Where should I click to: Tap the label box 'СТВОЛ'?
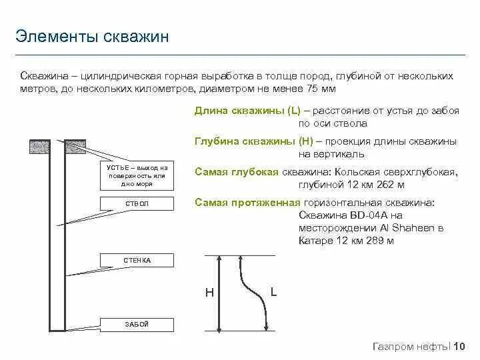(137, 203)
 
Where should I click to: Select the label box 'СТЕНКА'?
(137, 259)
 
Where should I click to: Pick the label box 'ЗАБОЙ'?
(137, 325)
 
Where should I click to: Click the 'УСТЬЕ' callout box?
(137, 175)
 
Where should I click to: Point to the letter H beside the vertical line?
(209, 293)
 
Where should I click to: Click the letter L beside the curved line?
(274, 291)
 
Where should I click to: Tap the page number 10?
(459, 346)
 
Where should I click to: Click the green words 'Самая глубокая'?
(237, 172)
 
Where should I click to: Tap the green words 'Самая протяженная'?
(247, 203)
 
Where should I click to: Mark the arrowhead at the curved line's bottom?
(268, 327)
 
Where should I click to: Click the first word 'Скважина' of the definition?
(41, 76)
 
